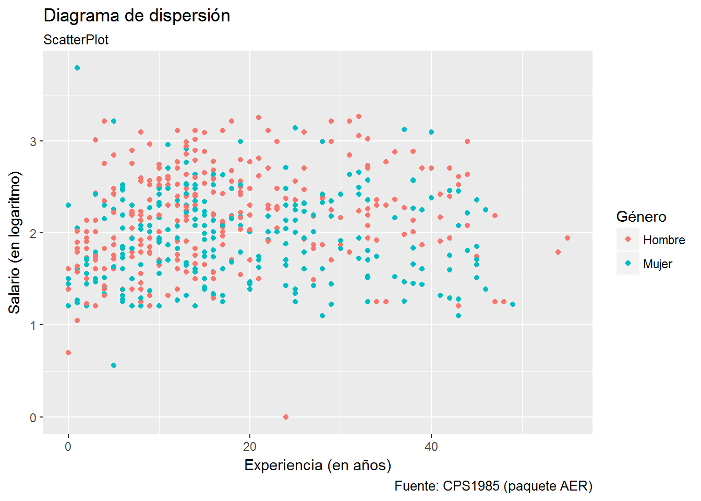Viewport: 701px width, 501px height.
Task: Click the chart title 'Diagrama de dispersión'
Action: tap(137, 16)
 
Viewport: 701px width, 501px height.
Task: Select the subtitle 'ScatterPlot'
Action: tap(76, 40)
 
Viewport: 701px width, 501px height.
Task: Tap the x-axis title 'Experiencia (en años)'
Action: tap(318, 465)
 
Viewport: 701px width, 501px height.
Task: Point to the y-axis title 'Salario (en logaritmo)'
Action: tap(15, 243)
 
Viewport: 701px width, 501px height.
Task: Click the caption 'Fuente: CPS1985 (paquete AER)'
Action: tap(493, 486)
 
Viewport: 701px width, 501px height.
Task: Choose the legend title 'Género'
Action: tap(641, 217)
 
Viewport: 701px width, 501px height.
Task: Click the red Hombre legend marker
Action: tap(628, 240)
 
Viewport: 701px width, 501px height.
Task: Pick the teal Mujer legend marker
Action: tap(628, 264)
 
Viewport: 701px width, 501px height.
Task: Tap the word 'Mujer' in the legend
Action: tap(658, 264)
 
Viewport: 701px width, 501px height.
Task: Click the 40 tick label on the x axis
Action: tap(431, 447)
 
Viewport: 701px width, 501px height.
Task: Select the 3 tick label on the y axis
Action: tap(33, 141)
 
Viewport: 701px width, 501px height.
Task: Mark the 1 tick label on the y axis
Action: tap(33, 325)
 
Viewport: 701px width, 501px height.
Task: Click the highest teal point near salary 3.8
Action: tap(77, 68)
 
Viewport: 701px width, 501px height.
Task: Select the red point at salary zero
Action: tap(286, 417)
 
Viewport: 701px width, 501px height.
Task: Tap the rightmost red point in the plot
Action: tap(567, 238)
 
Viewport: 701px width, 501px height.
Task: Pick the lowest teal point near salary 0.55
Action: tap(114, 365)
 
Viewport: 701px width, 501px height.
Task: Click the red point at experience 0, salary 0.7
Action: tap(68, 353)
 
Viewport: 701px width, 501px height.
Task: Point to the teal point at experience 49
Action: tap(513, 304)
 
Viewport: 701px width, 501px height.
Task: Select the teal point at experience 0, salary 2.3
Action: tap(68, 205)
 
